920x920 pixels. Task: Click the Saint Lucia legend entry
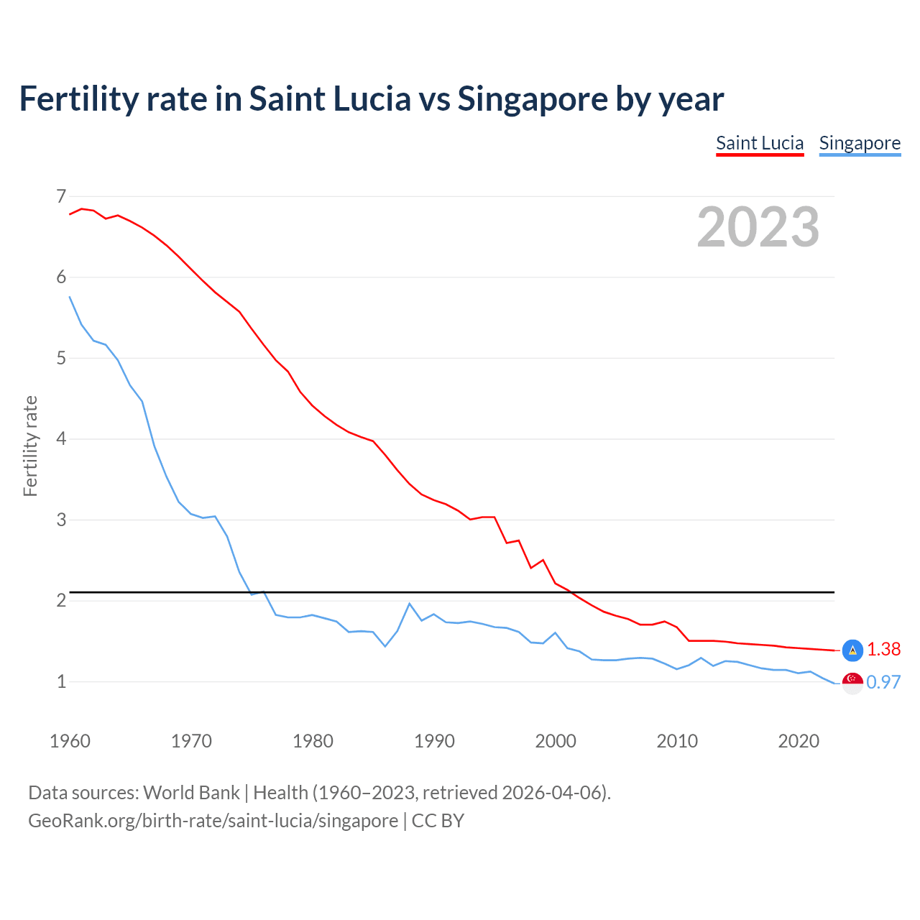coord(759,143)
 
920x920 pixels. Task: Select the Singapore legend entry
coord(860,143)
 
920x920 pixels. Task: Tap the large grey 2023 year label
coord(758,227)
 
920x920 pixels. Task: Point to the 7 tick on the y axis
coord(61,196)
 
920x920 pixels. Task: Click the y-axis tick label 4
coord(61,438)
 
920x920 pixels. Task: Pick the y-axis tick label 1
coord(61,681)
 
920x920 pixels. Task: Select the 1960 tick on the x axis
coord(70,741)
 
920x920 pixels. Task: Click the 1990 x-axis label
coord(434,741)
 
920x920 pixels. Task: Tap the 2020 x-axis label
coord(799,741)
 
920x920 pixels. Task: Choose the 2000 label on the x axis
coord(556,741)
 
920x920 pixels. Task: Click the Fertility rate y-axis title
coord(30,446)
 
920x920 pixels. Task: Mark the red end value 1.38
coord(883,649)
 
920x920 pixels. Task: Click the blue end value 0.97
coord(883,682)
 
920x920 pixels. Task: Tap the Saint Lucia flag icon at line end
coord(852,650)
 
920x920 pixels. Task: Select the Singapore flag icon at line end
coord(852,683)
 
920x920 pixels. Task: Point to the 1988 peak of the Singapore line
coord(409,604)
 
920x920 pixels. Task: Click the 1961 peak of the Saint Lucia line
coord(82,208)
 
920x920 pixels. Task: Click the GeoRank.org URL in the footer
coord(213,820)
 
